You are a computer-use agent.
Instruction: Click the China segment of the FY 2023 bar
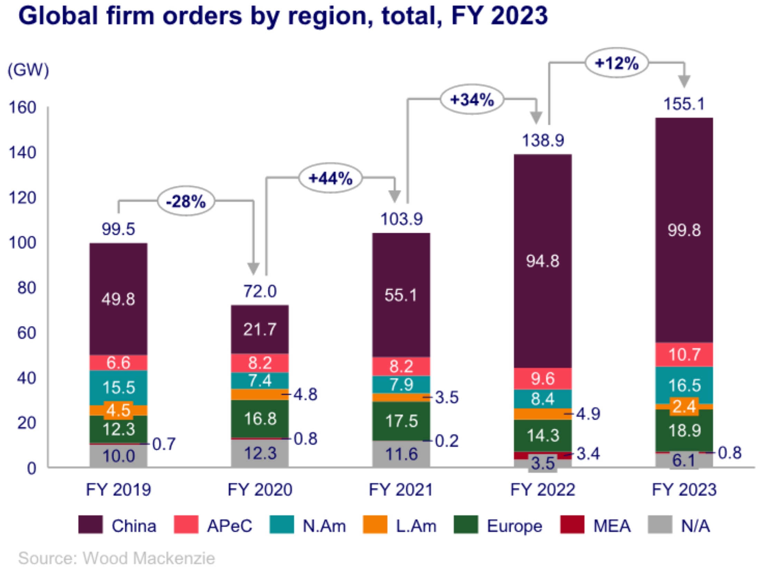684,230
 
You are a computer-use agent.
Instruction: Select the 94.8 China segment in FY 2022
542,261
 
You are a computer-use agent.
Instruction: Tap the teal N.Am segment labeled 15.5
118,387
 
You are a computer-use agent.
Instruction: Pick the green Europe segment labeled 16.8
260,419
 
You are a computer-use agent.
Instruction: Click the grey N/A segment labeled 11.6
401,454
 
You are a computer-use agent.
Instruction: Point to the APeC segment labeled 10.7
684,355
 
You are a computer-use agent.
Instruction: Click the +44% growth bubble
330,178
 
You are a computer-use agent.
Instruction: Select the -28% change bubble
186,201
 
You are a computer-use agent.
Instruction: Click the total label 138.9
542,140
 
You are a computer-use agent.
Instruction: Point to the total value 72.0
260,291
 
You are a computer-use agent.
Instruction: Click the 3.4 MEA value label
588,453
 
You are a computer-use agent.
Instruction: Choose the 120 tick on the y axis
22,198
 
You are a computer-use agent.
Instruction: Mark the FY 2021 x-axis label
401,490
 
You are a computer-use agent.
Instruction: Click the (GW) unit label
28,70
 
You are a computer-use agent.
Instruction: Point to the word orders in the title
202,16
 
